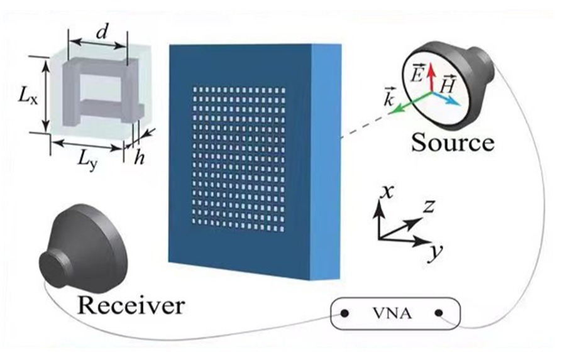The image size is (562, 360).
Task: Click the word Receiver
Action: [x=131, y=306]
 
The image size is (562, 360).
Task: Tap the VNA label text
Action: [x=392, y=312]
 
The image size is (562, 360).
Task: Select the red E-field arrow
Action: [x=431, y=79]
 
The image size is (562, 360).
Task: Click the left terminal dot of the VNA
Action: [x=344, y=312]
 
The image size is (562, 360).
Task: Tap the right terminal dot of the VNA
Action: [x=438, y=312]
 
